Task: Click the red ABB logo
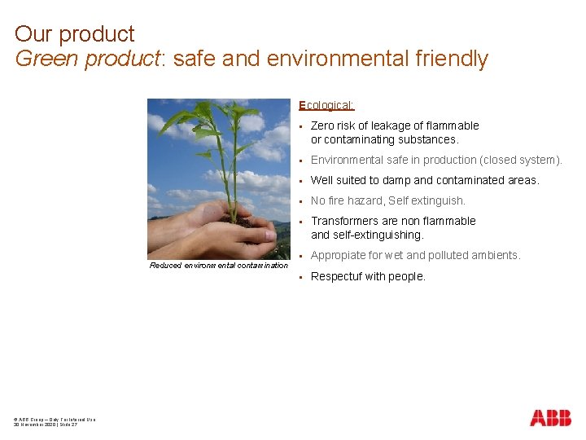coord(550,418)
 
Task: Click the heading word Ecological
coord(326,105)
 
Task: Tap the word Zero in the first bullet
coord(323,125)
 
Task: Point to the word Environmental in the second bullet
coord(348,160)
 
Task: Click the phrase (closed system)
coord(521,160)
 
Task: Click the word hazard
coord(365,200)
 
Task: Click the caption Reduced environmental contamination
coord(219,266)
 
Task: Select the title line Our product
coord(74,34)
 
